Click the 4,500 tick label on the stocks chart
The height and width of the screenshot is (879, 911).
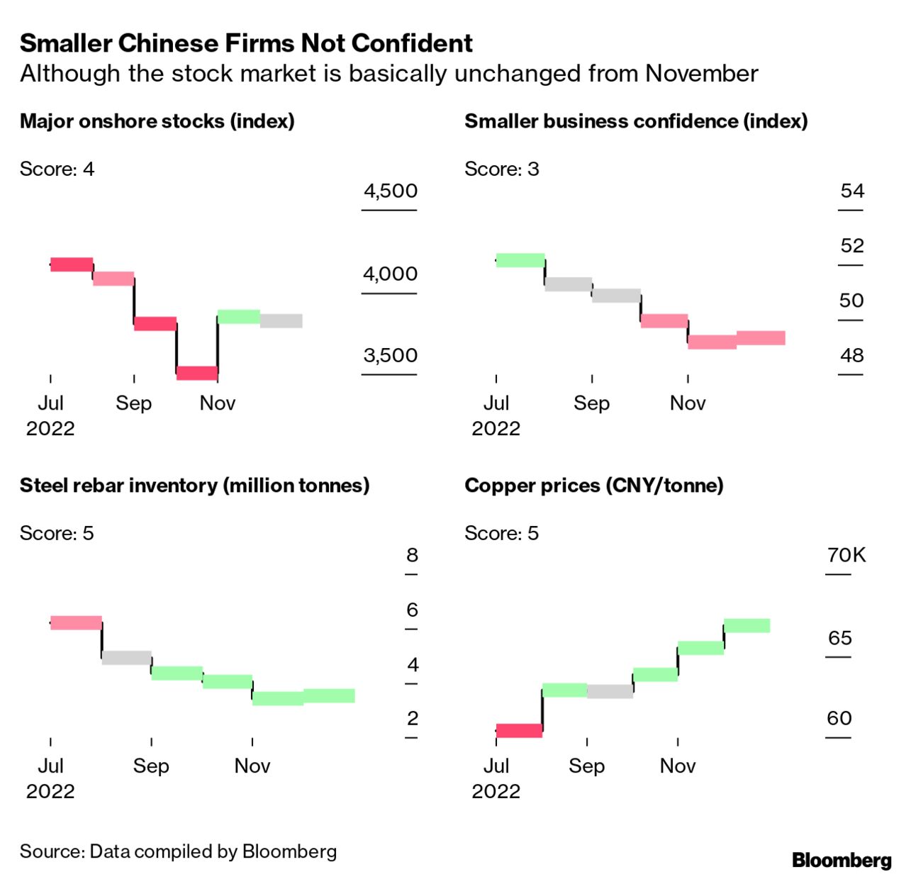[390, 191]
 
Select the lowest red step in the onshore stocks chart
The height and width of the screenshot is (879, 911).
[197, 373]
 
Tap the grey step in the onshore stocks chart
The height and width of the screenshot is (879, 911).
[281, 321]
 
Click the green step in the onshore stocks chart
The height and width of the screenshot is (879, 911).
[239, 316]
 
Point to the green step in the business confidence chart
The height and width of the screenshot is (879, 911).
[520, 260]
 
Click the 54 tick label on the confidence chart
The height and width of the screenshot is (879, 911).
[852, 191]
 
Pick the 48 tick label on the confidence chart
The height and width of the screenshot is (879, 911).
[852, 355]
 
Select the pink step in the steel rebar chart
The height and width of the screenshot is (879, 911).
[76, 623]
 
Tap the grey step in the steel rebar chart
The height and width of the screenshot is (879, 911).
[127, 658]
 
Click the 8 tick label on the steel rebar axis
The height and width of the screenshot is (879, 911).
[412, 555]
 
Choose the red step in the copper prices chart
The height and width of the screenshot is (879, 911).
[519, 731]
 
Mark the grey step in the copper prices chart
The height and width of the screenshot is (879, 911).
[610, 691]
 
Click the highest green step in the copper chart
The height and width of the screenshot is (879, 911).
[747, 626]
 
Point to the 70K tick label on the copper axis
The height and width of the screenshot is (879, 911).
[846, 555]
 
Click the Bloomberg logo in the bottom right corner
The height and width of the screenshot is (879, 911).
[842, 861]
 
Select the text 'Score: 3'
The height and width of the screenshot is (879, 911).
[502, 169]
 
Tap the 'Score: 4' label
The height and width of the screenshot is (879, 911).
[57, 169]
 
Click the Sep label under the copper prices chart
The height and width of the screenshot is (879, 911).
[587, 766]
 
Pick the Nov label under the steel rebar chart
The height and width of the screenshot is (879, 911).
[252, 766]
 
